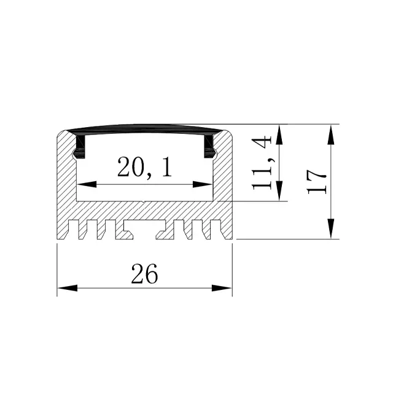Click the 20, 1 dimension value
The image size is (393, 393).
145,167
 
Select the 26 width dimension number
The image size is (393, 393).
145,273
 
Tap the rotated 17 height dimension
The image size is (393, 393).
317,182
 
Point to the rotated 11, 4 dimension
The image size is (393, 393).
262,163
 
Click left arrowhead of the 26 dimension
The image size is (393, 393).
67,288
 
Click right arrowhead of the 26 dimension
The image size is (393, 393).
222,288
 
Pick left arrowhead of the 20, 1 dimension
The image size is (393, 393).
87,184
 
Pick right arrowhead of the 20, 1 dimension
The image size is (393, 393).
203,184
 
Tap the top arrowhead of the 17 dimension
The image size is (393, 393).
331,135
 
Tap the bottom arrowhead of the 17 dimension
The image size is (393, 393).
331,228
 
